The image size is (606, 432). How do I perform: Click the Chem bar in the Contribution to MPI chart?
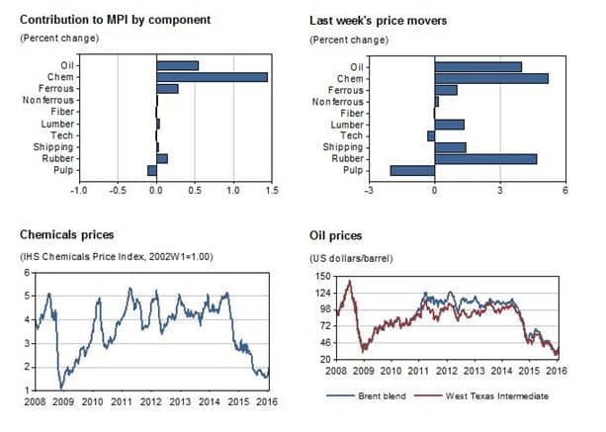[x=212, y=77]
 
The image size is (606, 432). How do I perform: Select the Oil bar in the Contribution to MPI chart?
[x=177, y=65]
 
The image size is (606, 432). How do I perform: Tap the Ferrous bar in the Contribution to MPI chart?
[x=167, y=89]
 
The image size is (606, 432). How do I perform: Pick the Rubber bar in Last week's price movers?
[x=485, y=158]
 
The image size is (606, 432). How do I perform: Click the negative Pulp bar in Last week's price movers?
[x=412, y=170]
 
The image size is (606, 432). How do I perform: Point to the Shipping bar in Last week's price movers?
[x=450, y=146]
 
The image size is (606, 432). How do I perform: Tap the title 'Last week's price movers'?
[x=378, y=19]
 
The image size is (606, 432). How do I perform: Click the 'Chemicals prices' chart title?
[x=66, y=235]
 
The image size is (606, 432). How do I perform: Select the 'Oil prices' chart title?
[x=334, y=236]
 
